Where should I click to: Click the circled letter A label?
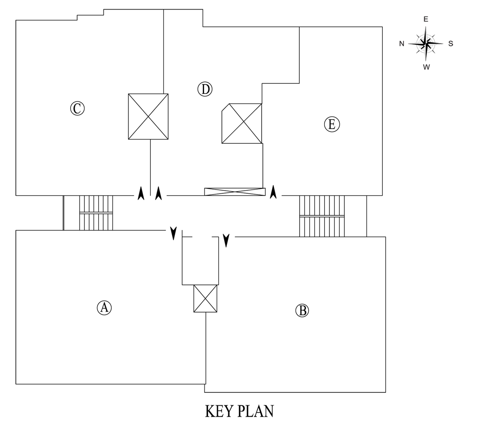click(x=104, y=307)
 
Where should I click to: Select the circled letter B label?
click(x=302, y=310)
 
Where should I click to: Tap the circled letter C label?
click(x=77, y=108)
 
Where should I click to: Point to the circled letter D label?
click(x=205, y=89)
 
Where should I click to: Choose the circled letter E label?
click(x=331, y=124)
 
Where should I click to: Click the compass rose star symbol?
click(x=426, y=43)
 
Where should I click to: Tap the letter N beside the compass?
click(x=402, y=44)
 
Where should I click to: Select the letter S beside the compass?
click(x=451, y=44)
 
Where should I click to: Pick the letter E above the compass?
click(x=426, y=19)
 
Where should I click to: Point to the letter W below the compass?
click(x=426, y=67)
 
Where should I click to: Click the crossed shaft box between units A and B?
click(x=205, y=299)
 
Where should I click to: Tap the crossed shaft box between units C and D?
click(x=148, y=117)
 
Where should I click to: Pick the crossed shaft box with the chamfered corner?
click(x=242, y=123)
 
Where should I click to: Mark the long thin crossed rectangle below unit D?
click(x=235, y=192)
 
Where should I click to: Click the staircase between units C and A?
click(x=96, y=213)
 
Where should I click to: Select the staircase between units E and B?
click(x=322, y=216)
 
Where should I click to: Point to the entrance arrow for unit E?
click(x=273, y=192)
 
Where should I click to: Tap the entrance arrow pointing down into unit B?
click(x=226, y=240)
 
